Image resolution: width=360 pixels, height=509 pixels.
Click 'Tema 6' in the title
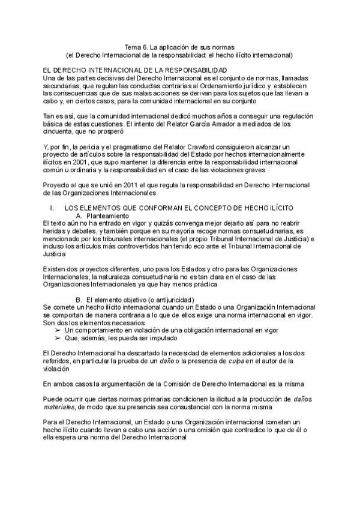click(135, 46)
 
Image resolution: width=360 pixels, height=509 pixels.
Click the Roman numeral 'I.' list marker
click(53, 208)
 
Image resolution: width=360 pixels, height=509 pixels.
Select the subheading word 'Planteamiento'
click(108, 215)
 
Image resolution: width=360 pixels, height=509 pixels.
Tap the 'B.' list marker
click(79, 300)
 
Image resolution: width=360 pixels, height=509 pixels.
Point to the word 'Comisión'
click(158, 384)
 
